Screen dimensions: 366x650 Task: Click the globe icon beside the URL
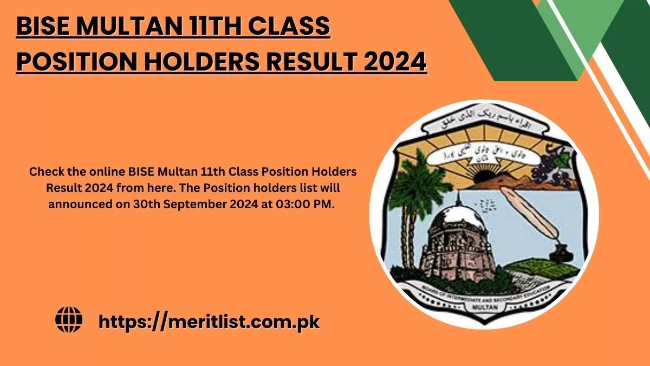click(69, 320)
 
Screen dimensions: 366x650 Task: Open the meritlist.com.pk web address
click(209, 322)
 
